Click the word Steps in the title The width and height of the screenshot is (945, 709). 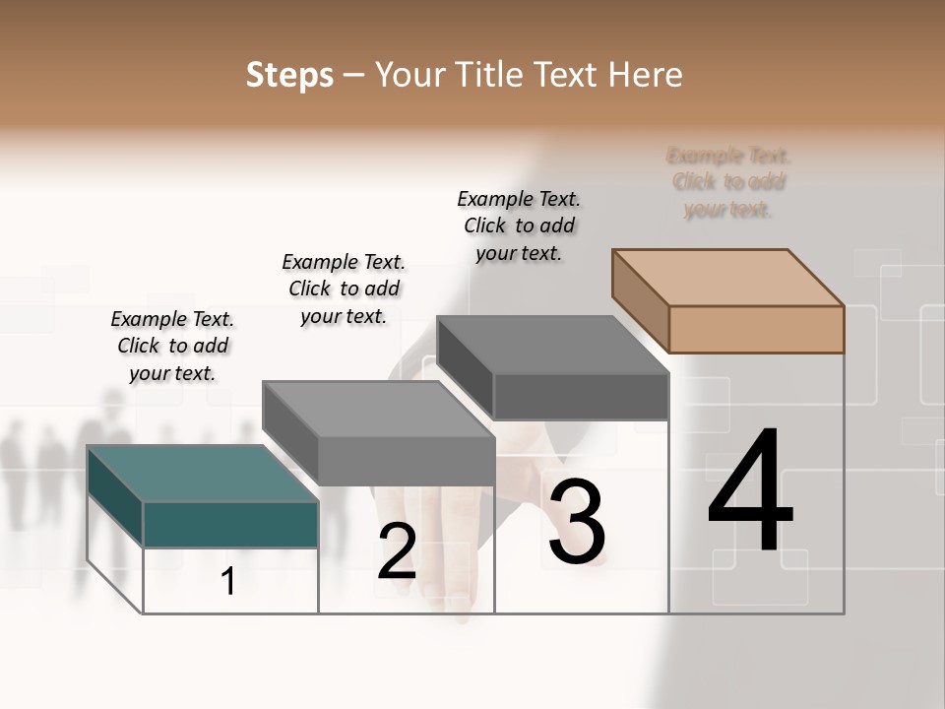[289, 75]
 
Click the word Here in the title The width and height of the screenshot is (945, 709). [645, 75]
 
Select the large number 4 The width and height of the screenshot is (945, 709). [750, 491]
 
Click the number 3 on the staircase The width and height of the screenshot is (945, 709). [577, 522]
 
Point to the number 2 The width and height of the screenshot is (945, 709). [397, 551]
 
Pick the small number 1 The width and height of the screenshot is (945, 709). [228, 582]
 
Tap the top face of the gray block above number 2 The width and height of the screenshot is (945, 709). [378, 409]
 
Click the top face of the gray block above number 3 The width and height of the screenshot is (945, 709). [553, 345]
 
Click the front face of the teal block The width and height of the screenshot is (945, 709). [230, 524]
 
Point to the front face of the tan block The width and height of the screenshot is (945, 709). [756, 329]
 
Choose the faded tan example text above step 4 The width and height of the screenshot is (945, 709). [728, 182]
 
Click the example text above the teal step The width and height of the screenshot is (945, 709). [172, 346]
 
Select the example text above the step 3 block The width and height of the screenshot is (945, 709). [519, 226]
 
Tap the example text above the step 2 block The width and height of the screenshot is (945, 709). [344, 289]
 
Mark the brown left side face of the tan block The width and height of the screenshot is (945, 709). [640, 299]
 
